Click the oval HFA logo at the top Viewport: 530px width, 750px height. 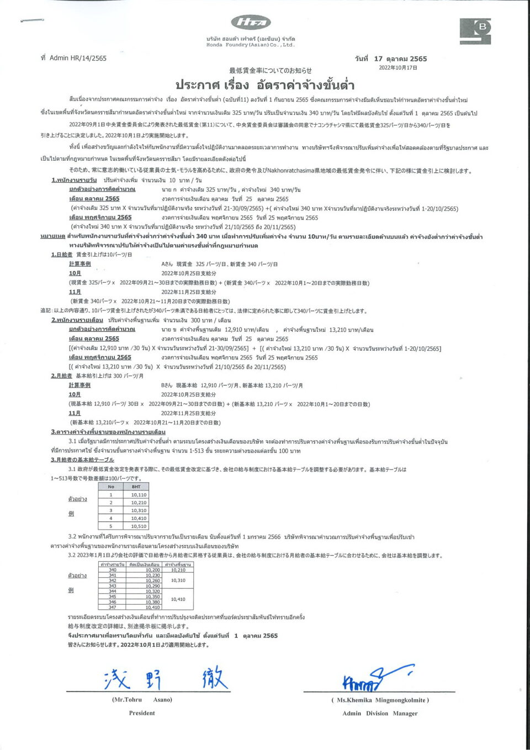pyautogui.click(x=251, y=22)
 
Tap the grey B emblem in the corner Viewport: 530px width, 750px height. pyautogui.click(x=475, y=31)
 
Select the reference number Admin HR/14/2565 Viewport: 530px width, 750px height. pyautogui.click(x=73, y=58)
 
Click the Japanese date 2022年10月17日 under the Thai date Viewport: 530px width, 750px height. pyautogui.click(x=397, y=68)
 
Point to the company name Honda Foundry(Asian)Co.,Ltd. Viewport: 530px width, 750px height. pyautogui.click(x=251, y=45)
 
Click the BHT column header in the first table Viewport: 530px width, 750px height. pyautogui.click(x=136, y=487)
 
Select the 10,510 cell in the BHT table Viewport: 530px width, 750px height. pyautogui.click(x=138, y=526)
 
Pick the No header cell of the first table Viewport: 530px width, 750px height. pyautogui.click(x=111, y=487)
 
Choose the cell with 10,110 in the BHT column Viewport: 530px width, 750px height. pyautogui.click(x=138, y=495)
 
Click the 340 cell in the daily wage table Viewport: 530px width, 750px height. pyautogui.click(x=113, y=570)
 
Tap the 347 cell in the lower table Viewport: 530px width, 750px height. pyautogui.click(x=113, y=607)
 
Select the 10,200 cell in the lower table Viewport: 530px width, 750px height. pyautogui.click(x=153, y=570)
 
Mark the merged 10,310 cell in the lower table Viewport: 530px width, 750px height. pyautogui.click(x=178, y=580)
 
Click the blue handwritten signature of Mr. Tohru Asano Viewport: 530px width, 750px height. pyautogui.click(x=166, y=678)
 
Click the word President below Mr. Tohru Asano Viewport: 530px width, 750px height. pyautogui.click(x=142, y=713)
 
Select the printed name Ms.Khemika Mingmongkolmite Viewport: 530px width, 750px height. pyautogui.click(x=380, y=700)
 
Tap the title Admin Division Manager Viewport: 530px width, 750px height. pyautogui.click(x=380, y=714)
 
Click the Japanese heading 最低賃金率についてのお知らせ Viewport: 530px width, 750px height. pyautogui.click(x=271, y=71)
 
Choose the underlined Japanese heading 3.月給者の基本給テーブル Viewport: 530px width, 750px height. pyautogui.click(x=83, y=459)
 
